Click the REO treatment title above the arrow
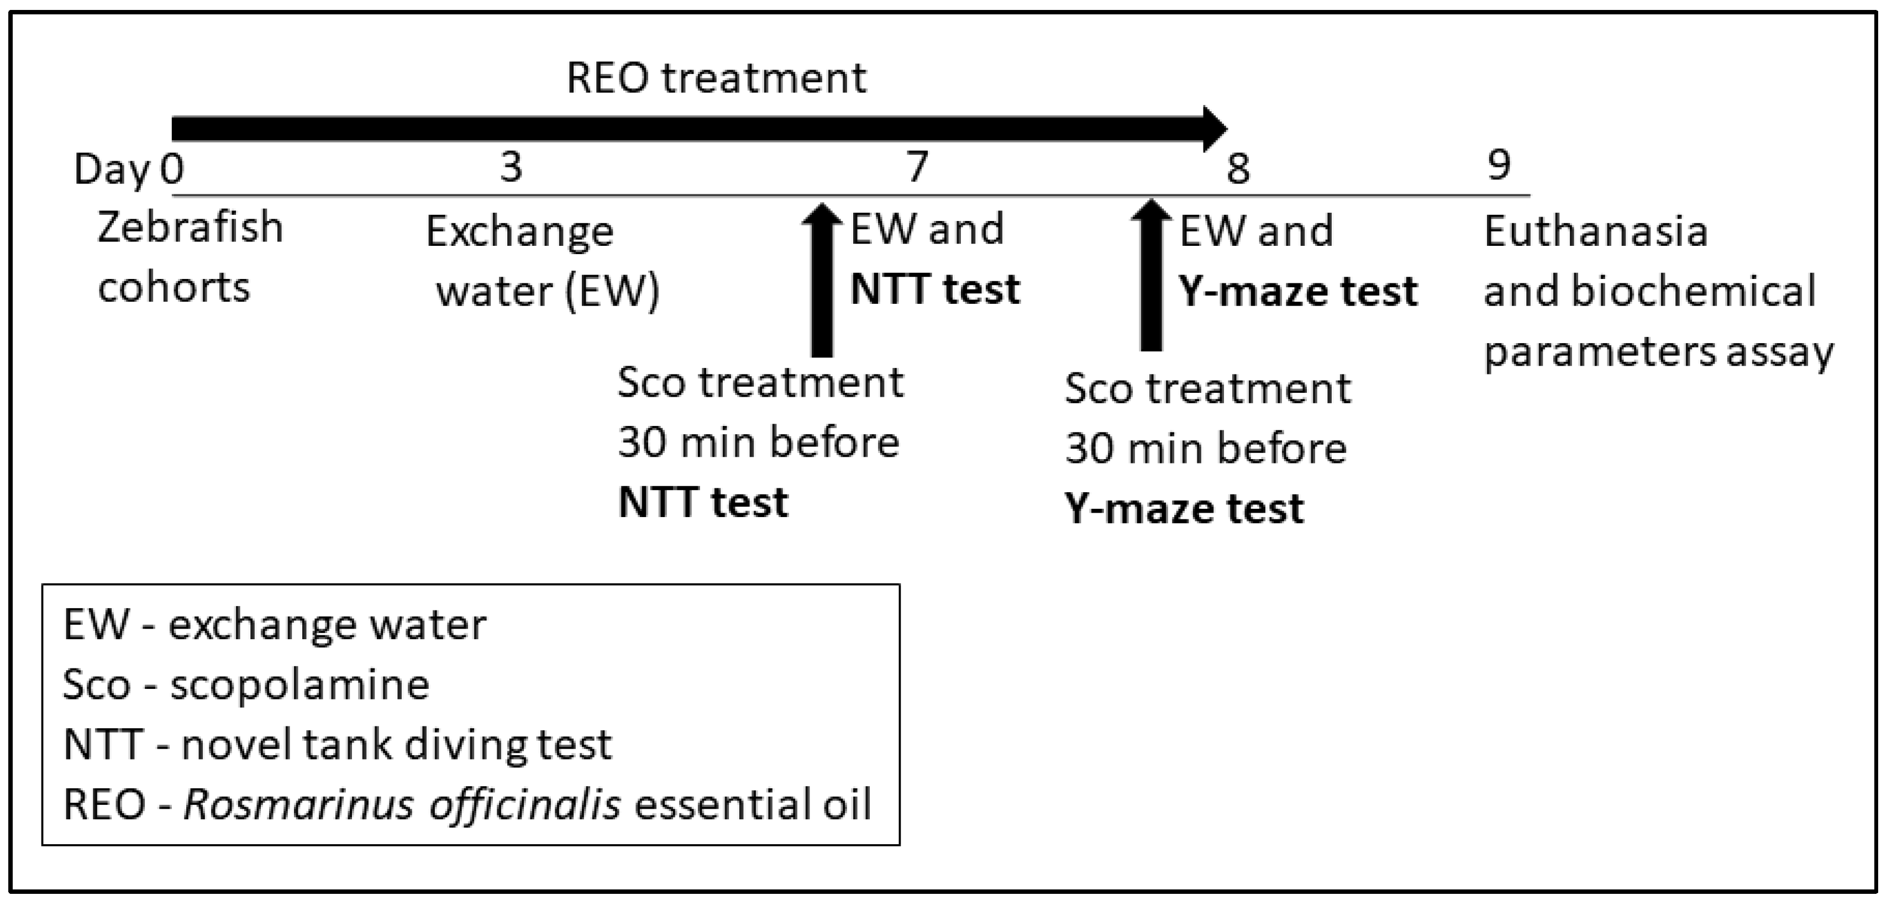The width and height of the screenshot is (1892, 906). click(x=716, y=78)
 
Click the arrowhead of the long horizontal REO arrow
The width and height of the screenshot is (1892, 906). click(x=1213, y=129)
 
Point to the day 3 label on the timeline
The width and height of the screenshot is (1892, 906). click(x=511, y=167)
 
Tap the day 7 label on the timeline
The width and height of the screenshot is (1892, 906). click(x=917, y=167)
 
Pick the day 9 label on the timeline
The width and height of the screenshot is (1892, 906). click(x=1499, y=165)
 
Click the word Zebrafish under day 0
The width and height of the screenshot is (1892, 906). click(x=190, y=227)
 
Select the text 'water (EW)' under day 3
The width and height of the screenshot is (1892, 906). click(x=548, y=292)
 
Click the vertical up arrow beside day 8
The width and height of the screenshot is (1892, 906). click(x=1151, y=275)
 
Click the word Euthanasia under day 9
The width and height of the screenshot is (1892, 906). click(x=1596, y=231)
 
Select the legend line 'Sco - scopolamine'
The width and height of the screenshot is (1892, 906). click(x=246, y=685)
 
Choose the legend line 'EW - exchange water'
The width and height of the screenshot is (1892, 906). click(x=275, y=625)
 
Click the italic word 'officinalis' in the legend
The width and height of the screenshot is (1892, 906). click(x=525, y=804)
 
